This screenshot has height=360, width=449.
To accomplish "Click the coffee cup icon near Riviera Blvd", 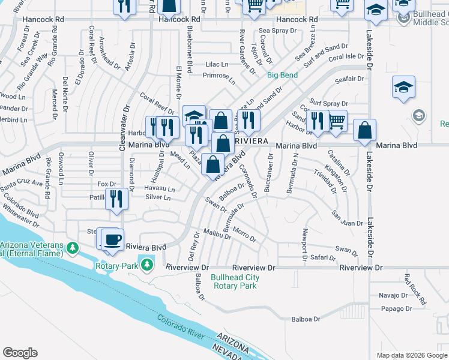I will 112,239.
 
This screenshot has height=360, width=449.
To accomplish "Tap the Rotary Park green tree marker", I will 146,264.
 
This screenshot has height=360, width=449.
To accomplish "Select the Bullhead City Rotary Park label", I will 235,281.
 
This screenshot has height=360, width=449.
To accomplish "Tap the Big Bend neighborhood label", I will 282,75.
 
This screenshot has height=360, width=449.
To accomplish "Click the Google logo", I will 20,353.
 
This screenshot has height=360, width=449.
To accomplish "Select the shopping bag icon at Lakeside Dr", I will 364,130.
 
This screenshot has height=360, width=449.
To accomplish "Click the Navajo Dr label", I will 393,295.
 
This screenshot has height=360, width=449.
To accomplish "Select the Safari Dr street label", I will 323,257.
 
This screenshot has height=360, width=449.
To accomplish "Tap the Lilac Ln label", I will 217,64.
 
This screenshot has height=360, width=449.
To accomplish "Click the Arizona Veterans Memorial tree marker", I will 72,248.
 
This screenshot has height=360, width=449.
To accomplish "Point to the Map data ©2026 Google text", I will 412,355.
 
